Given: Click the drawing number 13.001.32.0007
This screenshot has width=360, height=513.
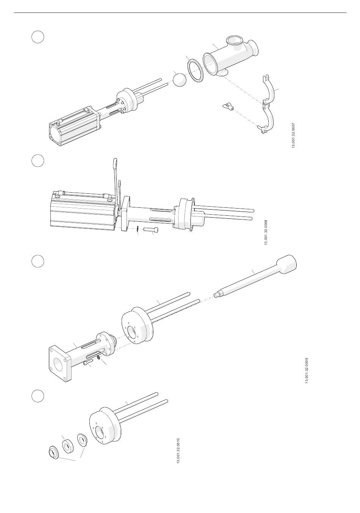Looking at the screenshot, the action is (x=293, y=135).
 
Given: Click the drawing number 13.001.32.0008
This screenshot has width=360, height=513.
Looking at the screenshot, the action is (x=266, y=232).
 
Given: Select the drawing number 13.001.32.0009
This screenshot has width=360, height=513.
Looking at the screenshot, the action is (x=307, y=370).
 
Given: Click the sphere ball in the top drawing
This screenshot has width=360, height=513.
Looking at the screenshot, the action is (x=180, y=80).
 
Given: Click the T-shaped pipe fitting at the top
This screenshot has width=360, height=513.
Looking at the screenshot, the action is (x=230, y=56).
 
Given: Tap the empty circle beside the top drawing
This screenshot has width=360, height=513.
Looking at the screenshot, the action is (x=38, y=37).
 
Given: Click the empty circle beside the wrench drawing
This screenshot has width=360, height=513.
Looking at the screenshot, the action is (x=38, y=160).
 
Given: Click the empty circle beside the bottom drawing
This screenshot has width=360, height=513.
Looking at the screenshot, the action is (x=38, y=397).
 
